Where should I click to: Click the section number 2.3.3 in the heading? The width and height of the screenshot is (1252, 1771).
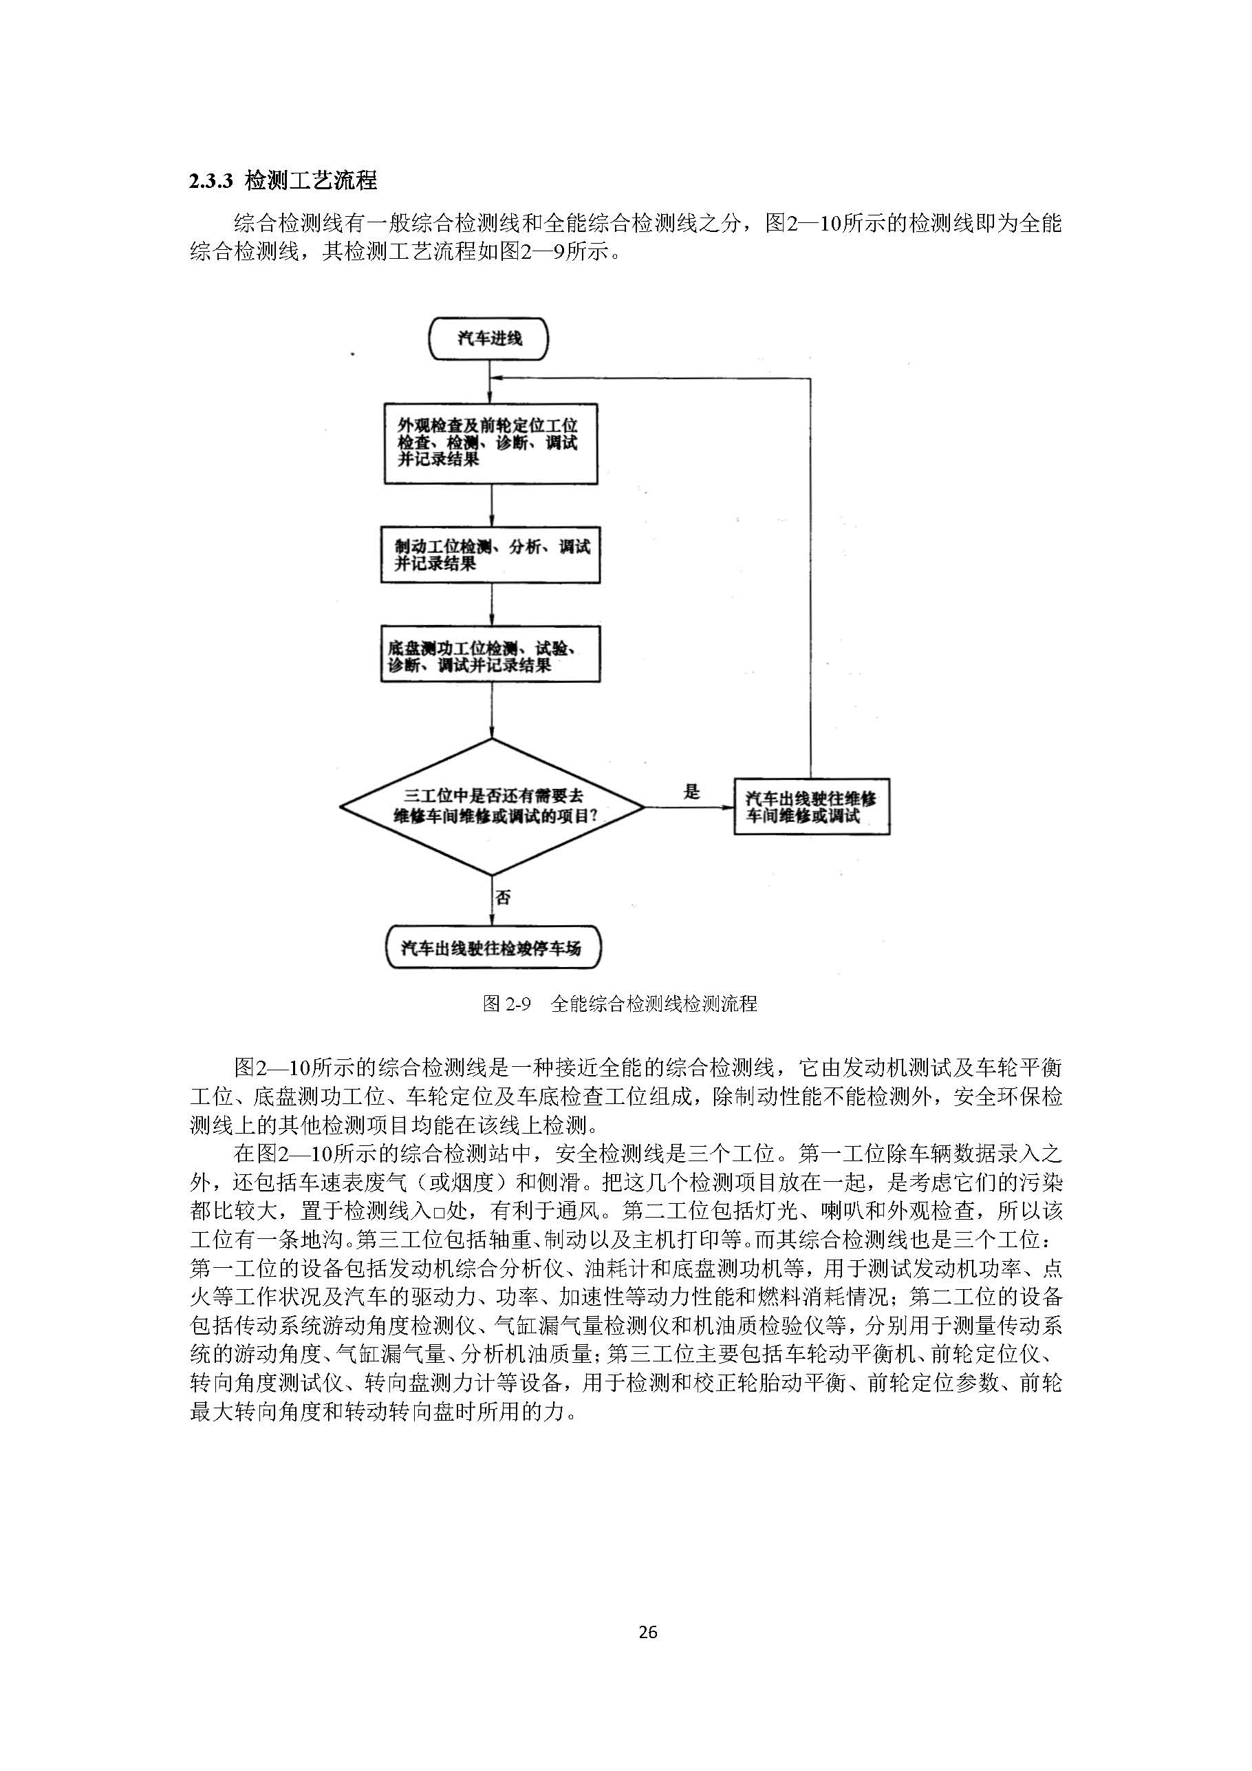[x=211, y=182]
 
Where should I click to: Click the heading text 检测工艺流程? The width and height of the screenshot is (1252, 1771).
[x=311, y=181]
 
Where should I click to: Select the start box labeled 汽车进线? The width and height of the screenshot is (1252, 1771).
[x=490, y=339]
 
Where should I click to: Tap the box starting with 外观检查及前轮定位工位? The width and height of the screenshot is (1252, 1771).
[x=491, y=443]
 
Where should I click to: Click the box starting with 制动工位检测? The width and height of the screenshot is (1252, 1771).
[x=490, y=555]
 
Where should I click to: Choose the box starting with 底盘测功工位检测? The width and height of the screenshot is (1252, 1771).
[x=490, y=655]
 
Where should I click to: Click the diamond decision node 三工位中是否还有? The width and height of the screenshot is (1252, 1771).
[x=492, y=807]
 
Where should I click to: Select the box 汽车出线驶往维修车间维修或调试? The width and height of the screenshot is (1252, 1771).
[x=811, y=807]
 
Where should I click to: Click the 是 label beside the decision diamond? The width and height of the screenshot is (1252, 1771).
[x=691, y=792]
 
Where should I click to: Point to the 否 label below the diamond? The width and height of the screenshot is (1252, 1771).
[x=503, y=898]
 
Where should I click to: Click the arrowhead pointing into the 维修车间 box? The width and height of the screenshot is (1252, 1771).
[x=727, y=807]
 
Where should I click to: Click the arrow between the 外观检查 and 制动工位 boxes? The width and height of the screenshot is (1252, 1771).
[x=492, y=506]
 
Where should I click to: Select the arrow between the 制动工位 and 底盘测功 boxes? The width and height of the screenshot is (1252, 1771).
[x=492, y=605]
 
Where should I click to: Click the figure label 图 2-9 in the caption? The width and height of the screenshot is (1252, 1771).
[x=506, y=1004]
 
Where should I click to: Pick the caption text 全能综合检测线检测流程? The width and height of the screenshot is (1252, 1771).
[x=654, y=1004]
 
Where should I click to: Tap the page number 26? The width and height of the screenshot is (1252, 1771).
[x=647, y=1631]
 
